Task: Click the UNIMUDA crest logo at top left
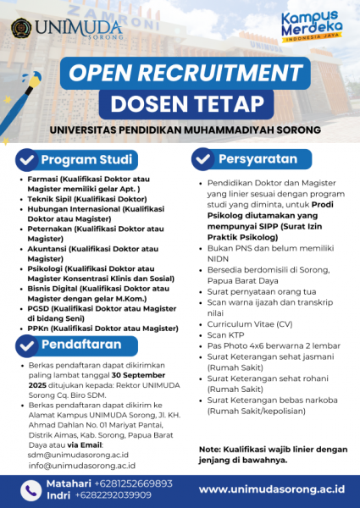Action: (x=22, y=26)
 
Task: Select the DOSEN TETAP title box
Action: (x=180, y=105)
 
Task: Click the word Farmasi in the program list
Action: (x=42, y=181)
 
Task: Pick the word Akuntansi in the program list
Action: (x=47, y=248)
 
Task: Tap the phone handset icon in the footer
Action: (x=30, y=489)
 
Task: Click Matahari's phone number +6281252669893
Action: (x=123, y=483)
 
